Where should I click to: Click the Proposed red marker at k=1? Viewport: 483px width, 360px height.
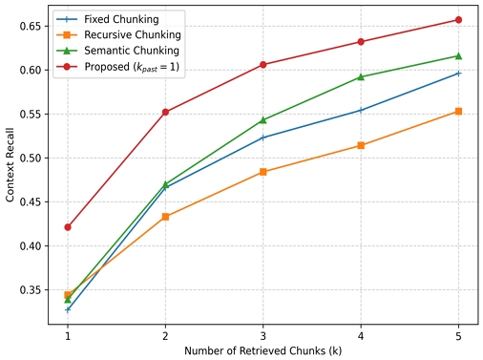[x=68, y=227]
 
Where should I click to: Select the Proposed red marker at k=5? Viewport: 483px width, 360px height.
[x=458, y=19]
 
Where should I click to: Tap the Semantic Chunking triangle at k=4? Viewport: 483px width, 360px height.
[x=361, y=76]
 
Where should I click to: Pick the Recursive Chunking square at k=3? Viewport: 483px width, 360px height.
[x=263, y=172]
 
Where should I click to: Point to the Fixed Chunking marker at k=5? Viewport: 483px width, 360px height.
[x=458, y=73]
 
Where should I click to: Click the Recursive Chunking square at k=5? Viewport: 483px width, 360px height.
[x=458, y=112]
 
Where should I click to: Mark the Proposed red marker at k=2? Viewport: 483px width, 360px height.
[x=165, y=112]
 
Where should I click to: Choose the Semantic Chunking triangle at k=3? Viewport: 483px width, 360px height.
[x=263, y=120]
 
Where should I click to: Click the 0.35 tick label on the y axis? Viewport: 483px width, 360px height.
[x=31, y=289]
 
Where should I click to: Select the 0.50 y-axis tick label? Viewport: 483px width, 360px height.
[x=31, y=158]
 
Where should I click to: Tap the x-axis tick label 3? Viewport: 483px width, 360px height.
[x=263, y=336]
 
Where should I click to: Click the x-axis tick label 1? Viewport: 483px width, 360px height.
[x=68, y=336]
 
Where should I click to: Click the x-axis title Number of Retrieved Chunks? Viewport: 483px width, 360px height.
[x=262, y=351]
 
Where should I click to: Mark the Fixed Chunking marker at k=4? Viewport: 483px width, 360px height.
[x=361, y=110]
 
